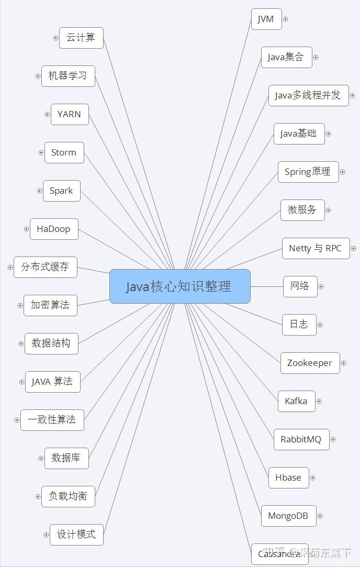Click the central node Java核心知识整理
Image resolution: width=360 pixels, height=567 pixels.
click(179, 286)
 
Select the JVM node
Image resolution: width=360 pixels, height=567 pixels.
click(266, 19)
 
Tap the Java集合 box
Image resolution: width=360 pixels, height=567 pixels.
click(286, 57)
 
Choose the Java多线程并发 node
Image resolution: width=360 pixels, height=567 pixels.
click(308, 95)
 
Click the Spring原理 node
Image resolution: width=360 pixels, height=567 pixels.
click(308, 172)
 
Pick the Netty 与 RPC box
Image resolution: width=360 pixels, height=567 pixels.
click(316, 248)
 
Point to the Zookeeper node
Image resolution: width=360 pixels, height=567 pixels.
click(310, 363)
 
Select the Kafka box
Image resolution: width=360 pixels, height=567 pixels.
click(296, 401)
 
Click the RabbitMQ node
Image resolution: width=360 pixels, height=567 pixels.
click(301, 439)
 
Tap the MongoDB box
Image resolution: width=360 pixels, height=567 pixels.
click(288, 516)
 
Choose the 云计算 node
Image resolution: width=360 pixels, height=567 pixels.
click(81, 38)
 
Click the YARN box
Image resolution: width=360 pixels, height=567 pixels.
click(70, 114)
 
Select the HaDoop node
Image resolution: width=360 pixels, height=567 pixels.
click(54, 229)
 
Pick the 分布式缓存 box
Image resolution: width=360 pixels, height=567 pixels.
click(45, 267)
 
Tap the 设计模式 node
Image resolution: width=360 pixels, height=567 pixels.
click(76, 535)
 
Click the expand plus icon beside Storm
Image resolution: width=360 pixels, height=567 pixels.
click(41, 153)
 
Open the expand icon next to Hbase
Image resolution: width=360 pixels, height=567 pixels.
click(312, 477)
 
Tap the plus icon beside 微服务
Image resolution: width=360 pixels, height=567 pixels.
click(328, 210)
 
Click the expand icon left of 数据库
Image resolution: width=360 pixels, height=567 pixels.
click(41, 459)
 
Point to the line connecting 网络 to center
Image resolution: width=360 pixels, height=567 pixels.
click(266, 286)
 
